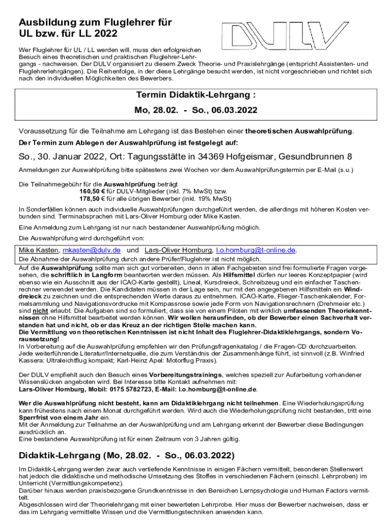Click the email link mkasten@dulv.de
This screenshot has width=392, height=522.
pos(91,250)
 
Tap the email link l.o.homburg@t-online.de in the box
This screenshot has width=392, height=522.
pos(256,250)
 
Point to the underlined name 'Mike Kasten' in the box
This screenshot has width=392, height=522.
pos(38,250)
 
